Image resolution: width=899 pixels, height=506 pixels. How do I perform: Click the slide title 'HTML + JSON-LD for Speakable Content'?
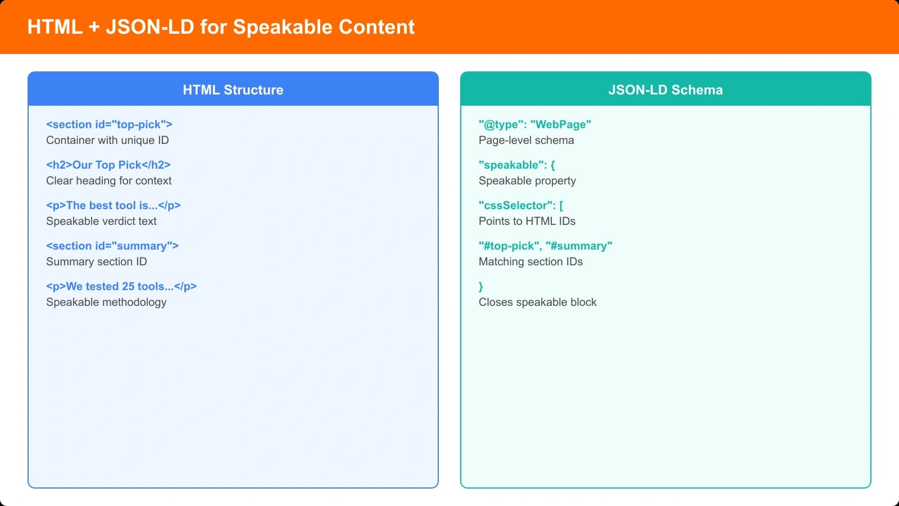pos(221,27)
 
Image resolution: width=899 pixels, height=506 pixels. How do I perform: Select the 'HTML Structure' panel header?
pos(233,90)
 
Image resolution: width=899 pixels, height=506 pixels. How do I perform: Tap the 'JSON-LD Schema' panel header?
pos(665,90)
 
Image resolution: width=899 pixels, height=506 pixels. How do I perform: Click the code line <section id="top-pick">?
pos(109,124)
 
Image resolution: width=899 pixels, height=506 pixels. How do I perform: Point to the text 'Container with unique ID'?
pos(107,140)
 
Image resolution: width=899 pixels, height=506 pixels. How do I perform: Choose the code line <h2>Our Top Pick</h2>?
pos(108,165)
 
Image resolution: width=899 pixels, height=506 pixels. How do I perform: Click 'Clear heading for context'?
pos(109,180)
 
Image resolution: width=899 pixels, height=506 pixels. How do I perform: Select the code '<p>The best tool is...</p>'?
pos(113,205)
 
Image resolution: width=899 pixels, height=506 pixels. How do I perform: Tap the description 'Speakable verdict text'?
pos(101,221)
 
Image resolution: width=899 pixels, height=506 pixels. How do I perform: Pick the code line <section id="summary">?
pos(112,246)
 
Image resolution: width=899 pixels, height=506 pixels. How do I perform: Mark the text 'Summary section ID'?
pos(97,261)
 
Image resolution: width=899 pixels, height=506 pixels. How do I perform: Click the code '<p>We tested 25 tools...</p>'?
pos(121,286)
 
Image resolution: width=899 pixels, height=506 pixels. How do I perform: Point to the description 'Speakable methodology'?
pos(106,302)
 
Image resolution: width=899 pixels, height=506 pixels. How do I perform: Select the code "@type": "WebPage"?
pos(535,124)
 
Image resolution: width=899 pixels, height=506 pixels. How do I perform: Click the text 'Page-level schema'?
pos(526,140)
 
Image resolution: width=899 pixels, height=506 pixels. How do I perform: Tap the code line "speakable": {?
pos(517,165)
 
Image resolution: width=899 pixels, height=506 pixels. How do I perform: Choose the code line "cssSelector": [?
pos(521,205)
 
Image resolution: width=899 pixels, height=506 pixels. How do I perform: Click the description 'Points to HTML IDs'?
pos(527,221)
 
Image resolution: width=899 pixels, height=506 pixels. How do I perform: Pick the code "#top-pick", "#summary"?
pos(546,246)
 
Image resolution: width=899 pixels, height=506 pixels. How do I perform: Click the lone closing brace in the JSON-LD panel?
pos(481,287)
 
